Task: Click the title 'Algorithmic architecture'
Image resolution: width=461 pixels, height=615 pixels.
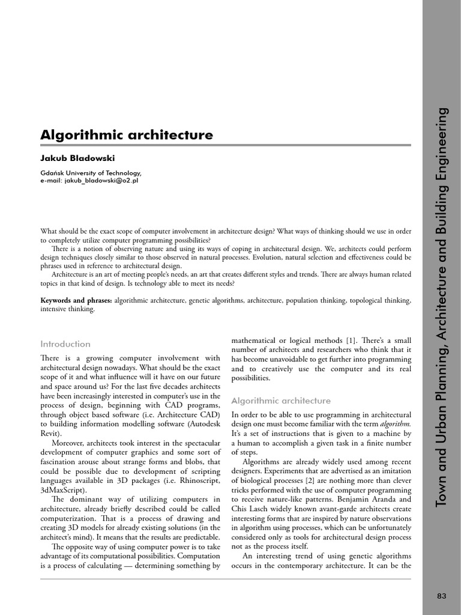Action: [126, 135]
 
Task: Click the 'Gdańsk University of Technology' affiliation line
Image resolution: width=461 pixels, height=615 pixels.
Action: [91, 173]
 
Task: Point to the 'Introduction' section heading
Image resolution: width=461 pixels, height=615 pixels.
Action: [65, 344]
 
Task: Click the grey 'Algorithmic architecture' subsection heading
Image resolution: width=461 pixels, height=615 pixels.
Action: [281, 401]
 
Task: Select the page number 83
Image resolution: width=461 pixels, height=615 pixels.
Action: [442, 596]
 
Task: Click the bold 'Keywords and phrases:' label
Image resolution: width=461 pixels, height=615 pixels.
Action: [76, 300]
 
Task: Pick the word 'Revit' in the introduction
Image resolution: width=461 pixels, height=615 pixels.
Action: [50, 433]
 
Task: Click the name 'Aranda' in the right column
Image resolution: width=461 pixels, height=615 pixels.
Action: [397, 500]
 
